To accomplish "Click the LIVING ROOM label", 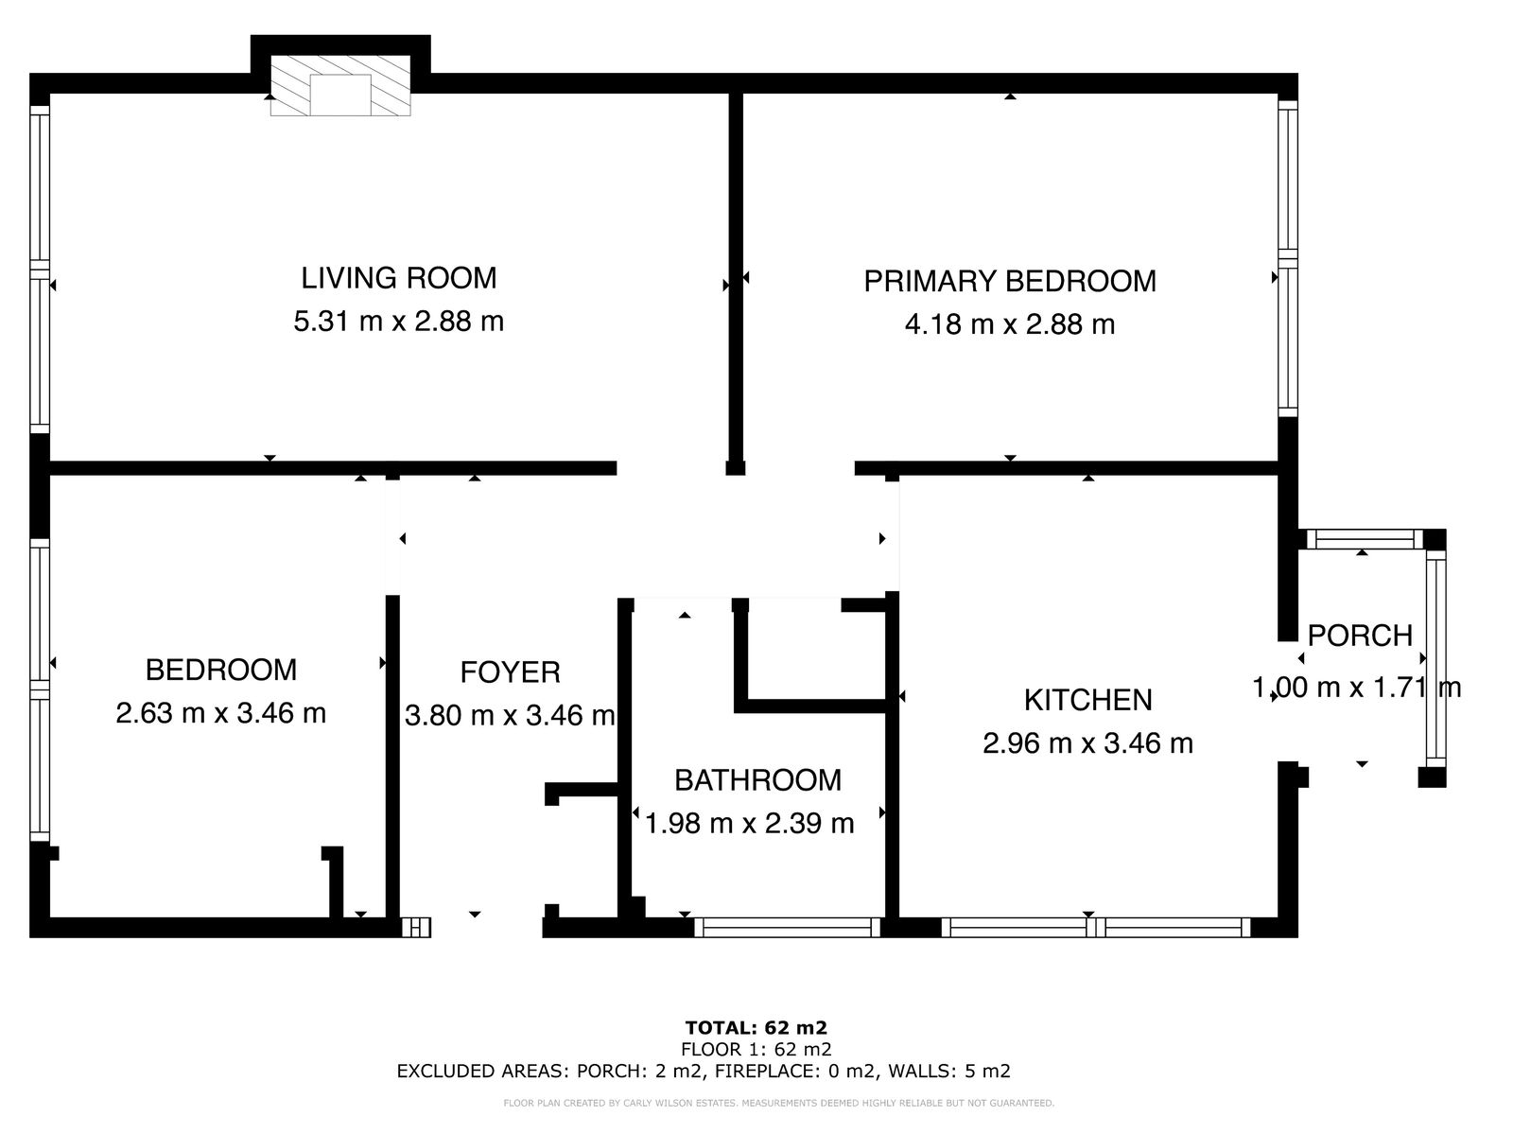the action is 398,278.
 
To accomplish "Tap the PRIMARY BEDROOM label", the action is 1010,281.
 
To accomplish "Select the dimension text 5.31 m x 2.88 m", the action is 398,322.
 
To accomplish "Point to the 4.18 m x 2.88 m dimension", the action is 1010,324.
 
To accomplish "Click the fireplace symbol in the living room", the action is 340,85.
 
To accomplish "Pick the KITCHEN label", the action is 1087,701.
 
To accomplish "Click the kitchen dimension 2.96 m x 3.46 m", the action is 1087,743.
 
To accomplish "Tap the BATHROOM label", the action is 757,780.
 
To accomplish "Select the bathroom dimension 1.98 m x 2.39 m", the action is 749,823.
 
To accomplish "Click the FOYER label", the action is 510,672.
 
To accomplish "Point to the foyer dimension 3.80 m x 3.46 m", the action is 510,716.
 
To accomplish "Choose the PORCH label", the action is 1360,636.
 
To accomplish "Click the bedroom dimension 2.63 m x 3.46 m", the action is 220,713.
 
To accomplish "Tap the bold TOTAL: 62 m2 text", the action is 756,1028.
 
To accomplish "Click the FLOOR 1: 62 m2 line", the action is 756,1049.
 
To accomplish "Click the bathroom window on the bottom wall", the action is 787,927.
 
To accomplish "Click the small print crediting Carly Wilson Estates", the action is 779,1104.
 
